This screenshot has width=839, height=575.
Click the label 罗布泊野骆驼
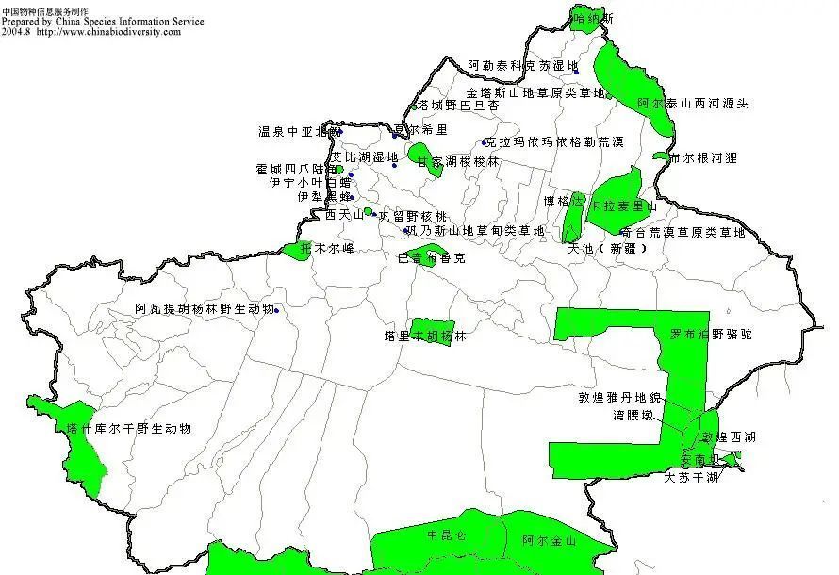click(x=711, y=335)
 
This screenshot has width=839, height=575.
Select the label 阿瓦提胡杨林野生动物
click(x=205, y=309)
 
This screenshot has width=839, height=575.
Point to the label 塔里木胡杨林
click(x=425, y=336)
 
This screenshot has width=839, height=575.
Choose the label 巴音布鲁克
click(x=432, y=258)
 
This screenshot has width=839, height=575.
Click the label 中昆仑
click(x=446, y=536)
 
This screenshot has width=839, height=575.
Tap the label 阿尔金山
click(x=549, y=541)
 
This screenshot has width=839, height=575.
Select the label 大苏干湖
click(x=691, y=478)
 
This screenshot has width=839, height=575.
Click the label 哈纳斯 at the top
click(x=594, y=18)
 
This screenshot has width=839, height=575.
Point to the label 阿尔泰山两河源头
click(x=693, y=104)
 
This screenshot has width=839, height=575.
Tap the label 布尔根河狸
click(x=702, y=158)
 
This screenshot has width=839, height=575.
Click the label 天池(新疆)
click(x=607, y=250)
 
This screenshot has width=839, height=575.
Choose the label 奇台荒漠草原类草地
click(x=683, y=232)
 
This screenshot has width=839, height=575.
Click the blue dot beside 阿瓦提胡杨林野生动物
click(x=277, y=310)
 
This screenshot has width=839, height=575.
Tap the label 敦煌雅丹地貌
click(x=620, y=398)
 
